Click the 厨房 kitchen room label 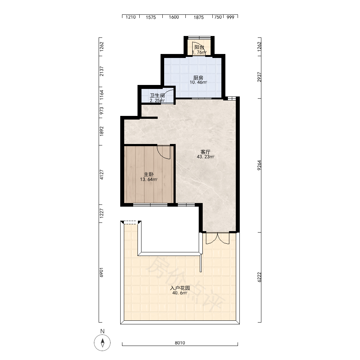point(198,78)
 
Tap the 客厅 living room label point(206,152)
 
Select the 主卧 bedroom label point(149,175)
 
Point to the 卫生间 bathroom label point(157,96)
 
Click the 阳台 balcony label point(199,47)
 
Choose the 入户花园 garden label point(180,288)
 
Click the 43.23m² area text point(206,157)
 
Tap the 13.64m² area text point(149,180)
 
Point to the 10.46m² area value point(198,82)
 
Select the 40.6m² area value point(180,293)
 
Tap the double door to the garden point(217,239)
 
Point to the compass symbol point(102,343)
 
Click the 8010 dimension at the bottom point(180,343)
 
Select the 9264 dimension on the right point(259,165)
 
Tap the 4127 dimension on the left point(102,175)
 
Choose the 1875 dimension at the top point(199,17)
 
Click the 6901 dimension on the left point(102,272)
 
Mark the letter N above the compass point(102,331)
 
